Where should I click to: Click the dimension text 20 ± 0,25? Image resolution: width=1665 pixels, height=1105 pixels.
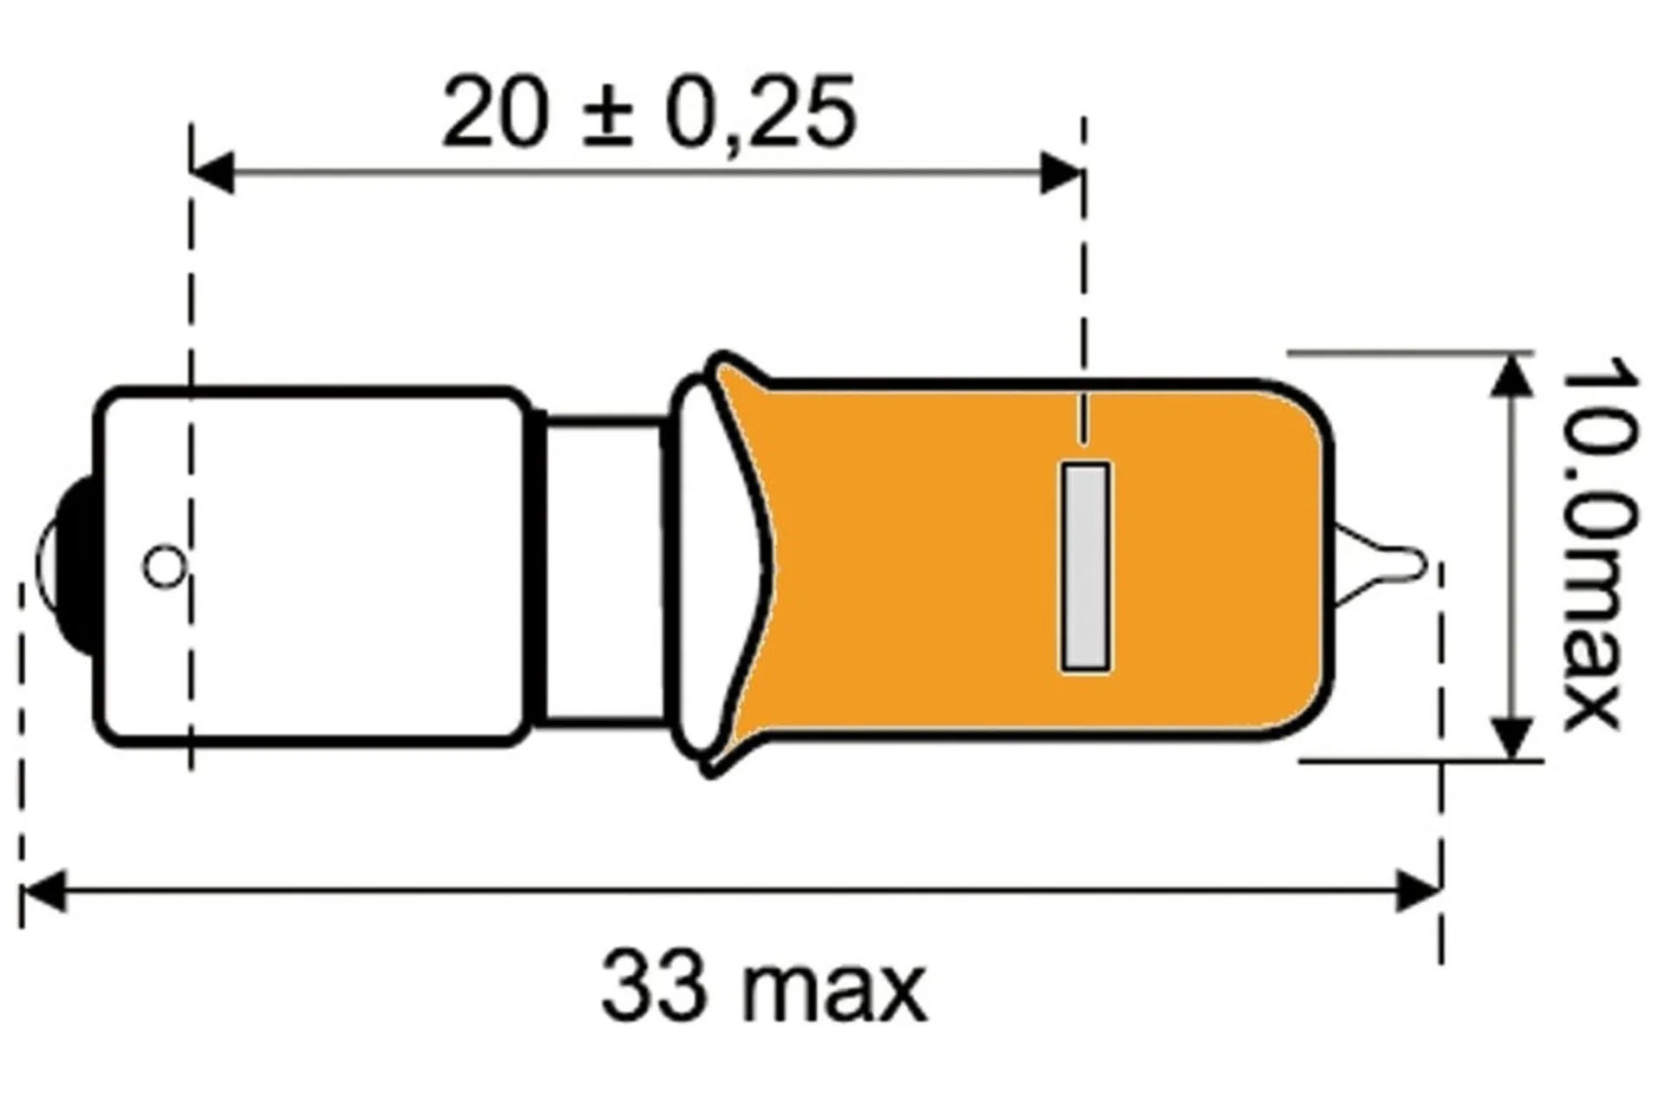[x=649, y=114]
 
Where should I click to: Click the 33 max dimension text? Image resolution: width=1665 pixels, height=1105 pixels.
[x=763, y=987]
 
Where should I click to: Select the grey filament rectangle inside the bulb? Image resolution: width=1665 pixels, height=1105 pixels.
[x=1085, y=567]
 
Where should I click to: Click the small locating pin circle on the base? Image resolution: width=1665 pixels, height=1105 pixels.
[x=164, y=567]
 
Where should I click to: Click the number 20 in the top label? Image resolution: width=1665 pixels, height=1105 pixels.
[x=495, y=114]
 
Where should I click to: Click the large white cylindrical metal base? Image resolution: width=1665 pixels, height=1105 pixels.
[x=347, y=567]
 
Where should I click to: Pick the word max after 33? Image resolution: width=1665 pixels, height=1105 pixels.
[x=834, y=992]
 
